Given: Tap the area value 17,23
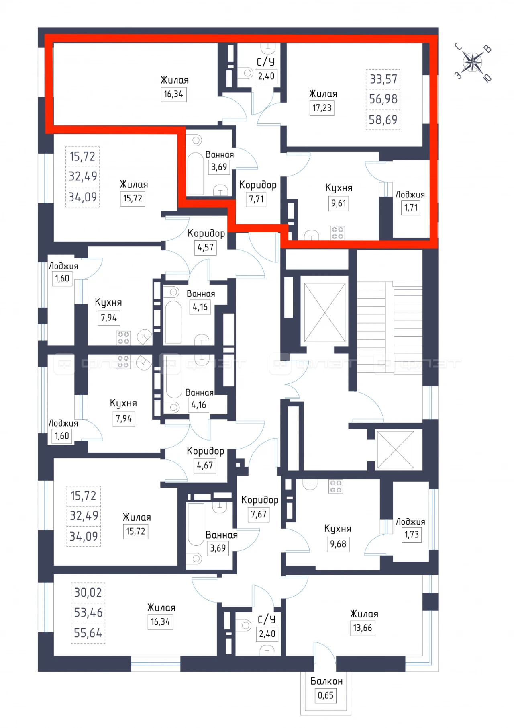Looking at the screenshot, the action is [x=322, y=108].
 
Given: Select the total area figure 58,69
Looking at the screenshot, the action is [x=383, y=120].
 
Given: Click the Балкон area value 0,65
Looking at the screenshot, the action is [x=326, y=695].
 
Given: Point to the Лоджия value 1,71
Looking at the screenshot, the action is [x=411, y=208].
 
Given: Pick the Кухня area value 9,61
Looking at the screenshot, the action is [x=339, y=203].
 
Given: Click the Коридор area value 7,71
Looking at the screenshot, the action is [x=257, y=199].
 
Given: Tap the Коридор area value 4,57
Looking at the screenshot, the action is [x=206, y=247].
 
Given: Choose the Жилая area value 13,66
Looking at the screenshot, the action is [x=363, y=628].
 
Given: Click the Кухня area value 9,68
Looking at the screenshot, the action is [x=338, y=544].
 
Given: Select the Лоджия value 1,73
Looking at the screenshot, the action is [x=412, y=535].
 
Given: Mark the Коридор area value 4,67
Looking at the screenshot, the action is [x=205, y=466].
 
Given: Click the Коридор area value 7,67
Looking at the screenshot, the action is [x=259, y=514].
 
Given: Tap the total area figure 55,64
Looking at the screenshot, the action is [x=88, y=633].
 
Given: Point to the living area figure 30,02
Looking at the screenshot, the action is [x=88, y=592].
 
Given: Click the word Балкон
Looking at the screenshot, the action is [x=326, y=681].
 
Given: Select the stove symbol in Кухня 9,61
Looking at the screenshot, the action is [x=337, y=233].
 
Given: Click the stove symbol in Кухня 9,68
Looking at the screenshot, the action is [x=336, y=486].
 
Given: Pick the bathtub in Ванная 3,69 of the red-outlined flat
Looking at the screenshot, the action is [x=196, y=174].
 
